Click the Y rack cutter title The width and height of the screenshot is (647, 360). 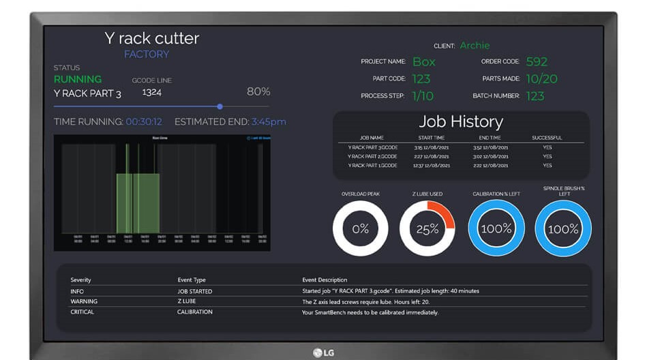152,38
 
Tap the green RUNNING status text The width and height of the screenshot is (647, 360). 78,79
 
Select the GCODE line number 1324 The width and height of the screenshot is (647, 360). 151,92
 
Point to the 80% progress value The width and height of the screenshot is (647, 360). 258,91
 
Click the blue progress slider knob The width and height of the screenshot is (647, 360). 220,106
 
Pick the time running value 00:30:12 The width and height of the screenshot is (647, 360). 144,122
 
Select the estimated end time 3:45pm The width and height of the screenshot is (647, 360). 269,122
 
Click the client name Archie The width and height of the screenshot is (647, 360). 475,46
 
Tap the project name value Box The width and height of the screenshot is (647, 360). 424,62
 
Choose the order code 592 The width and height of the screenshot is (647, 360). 537,62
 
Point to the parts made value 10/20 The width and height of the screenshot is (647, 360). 541,79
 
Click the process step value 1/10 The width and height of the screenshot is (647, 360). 423,96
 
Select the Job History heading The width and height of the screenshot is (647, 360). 461,122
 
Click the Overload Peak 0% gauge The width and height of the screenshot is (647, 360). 360,228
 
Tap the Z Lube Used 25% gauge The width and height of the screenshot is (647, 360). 427,228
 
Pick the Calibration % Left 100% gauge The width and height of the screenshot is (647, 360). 496,228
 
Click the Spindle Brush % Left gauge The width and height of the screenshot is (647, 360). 563,228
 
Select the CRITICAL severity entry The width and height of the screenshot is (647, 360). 82,312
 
